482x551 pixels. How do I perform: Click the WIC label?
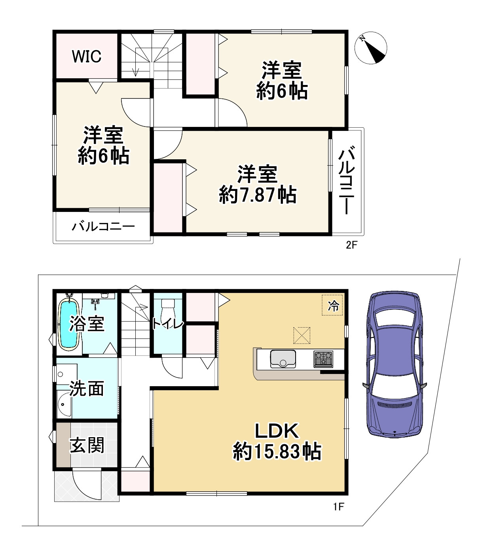(x=86, y=57)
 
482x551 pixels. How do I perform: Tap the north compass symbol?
(x=371, y=48)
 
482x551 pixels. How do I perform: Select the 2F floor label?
(x=351, y=245)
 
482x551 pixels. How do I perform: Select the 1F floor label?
(x=338, y=506)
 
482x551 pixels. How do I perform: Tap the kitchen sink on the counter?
(x=283, y=359)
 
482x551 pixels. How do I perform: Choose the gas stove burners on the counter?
(x=323, y=359)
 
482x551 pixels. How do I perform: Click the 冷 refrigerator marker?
(x=332, y=305)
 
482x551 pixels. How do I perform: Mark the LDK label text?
(x=276, y=431)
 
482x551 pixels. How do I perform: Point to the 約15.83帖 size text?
(x=277, y=451)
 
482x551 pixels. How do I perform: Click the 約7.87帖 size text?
(x=258, y=194)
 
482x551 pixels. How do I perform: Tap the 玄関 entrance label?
(x=87, y=445)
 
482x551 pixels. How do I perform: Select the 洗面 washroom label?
(x=87, y=389)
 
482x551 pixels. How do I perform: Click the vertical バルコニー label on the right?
(x=347, y=180)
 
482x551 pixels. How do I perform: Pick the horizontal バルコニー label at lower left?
(x=103, y=227)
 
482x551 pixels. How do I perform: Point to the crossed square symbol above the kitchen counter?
(x=302, y=335)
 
